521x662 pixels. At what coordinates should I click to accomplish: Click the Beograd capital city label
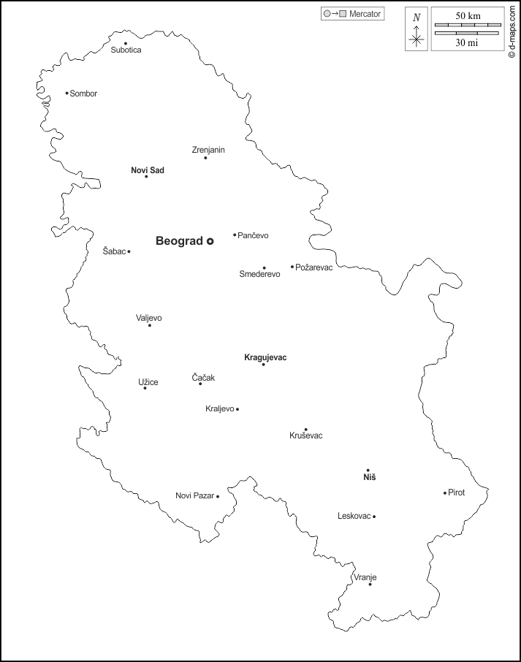tap(179, 240)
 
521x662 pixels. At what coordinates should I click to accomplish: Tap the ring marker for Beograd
tap(210, 240)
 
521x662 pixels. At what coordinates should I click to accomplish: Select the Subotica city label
tap(126, 50)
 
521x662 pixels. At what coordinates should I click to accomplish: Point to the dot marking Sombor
tap(66, 93)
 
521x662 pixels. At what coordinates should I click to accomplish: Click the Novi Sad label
tap(148, 170)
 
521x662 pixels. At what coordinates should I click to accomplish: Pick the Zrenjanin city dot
tap(205, 158)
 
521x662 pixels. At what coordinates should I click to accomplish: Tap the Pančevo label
tap(254, 235)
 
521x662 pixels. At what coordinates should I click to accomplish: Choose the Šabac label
tap(114, 251)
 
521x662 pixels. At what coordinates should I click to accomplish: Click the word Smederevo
tap(259, 275)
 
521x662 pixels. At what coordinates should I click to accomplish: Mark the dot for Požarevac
tap(292, 267)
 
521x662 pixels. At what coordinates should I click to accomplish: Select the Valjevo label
tap(149, 318)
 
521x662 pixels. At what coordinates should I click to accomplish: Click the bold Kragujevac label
tap(265, 357)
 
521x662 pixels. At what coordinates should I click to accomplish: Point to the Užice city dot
tap(145, 388)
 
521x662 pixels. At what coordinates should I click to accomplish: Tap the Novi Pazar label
tap(194, 496)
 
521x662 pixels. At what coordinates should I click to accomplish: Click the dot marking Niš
tap(368, 470)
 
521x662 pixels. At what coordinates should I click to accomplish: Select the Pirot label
tap(457, 492)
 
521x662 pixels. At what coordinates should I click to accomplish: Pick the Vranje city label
tap(365, 577)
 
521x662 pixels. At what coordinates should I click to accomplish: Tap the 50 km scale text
tap(468, 16)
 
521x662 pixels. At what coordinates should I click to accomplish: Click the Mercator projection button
tap(352, 14)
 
